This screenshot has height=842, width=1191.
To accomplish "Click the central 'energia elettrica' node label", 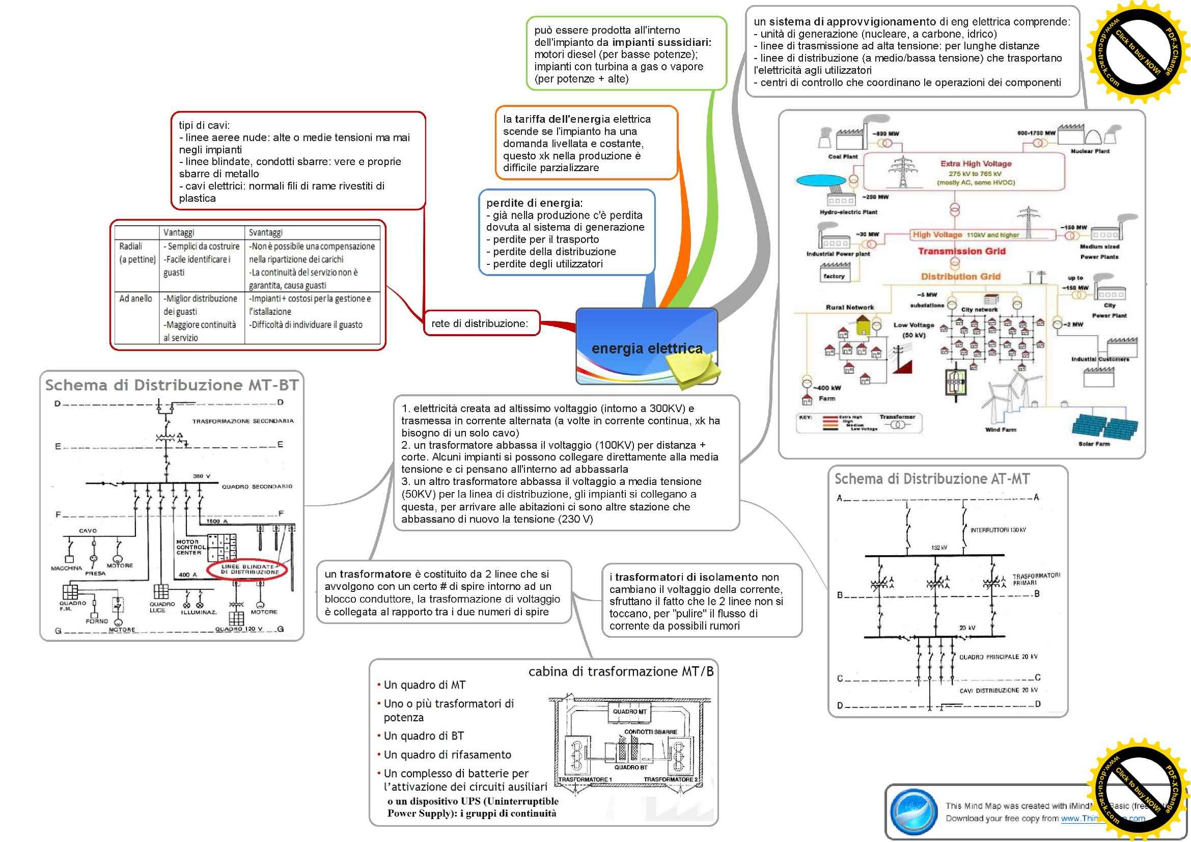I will click(646, 348).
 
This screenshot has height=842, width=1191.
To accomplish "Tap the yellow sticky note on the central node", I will click(693, 370).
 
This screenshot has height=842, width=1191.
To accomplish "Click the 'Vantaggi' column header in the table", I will click(178, 232).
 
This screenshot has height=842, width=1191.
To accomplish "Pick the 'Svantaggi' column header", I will click(266, 232).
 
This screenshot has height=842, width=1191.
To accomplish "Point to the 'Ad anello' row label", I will click(135, 298).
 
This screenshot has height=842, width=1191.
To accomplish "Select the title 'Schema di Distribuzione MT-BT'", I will click(172, 385).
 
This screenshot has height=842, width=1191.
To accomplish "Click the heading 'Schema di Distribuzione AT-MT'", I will click(932, 479).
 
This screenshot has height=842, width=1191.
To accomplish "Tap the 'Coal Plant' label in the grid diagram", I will click(842, 156).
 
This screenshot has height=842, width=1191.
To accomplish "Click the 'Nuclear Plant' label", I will click(1090, 151).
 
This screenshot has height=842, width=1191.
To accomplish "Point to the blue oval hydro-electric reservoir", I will click(820, 181).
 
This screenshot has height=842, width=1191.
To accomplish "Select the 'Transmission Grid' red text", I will click(961, 251).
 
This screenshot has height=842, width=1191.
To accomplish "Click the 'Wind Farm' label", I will click(1001, 429).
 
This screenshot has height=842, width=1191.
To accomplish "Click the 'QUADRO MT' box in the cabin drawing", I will click(629, 712).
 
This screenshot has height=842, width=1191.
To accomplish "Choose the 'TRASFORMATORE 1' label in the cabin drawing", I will click(585, 779).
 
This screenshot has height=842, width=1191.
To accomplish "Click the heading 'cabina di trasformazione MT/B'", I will click(620, 671).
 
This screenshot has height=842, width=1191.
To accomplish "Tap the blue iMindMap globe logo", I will click(913, 811).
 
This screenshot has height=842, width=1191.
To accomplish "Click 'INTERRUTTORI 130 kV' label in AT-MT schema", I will click(998, 530).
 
